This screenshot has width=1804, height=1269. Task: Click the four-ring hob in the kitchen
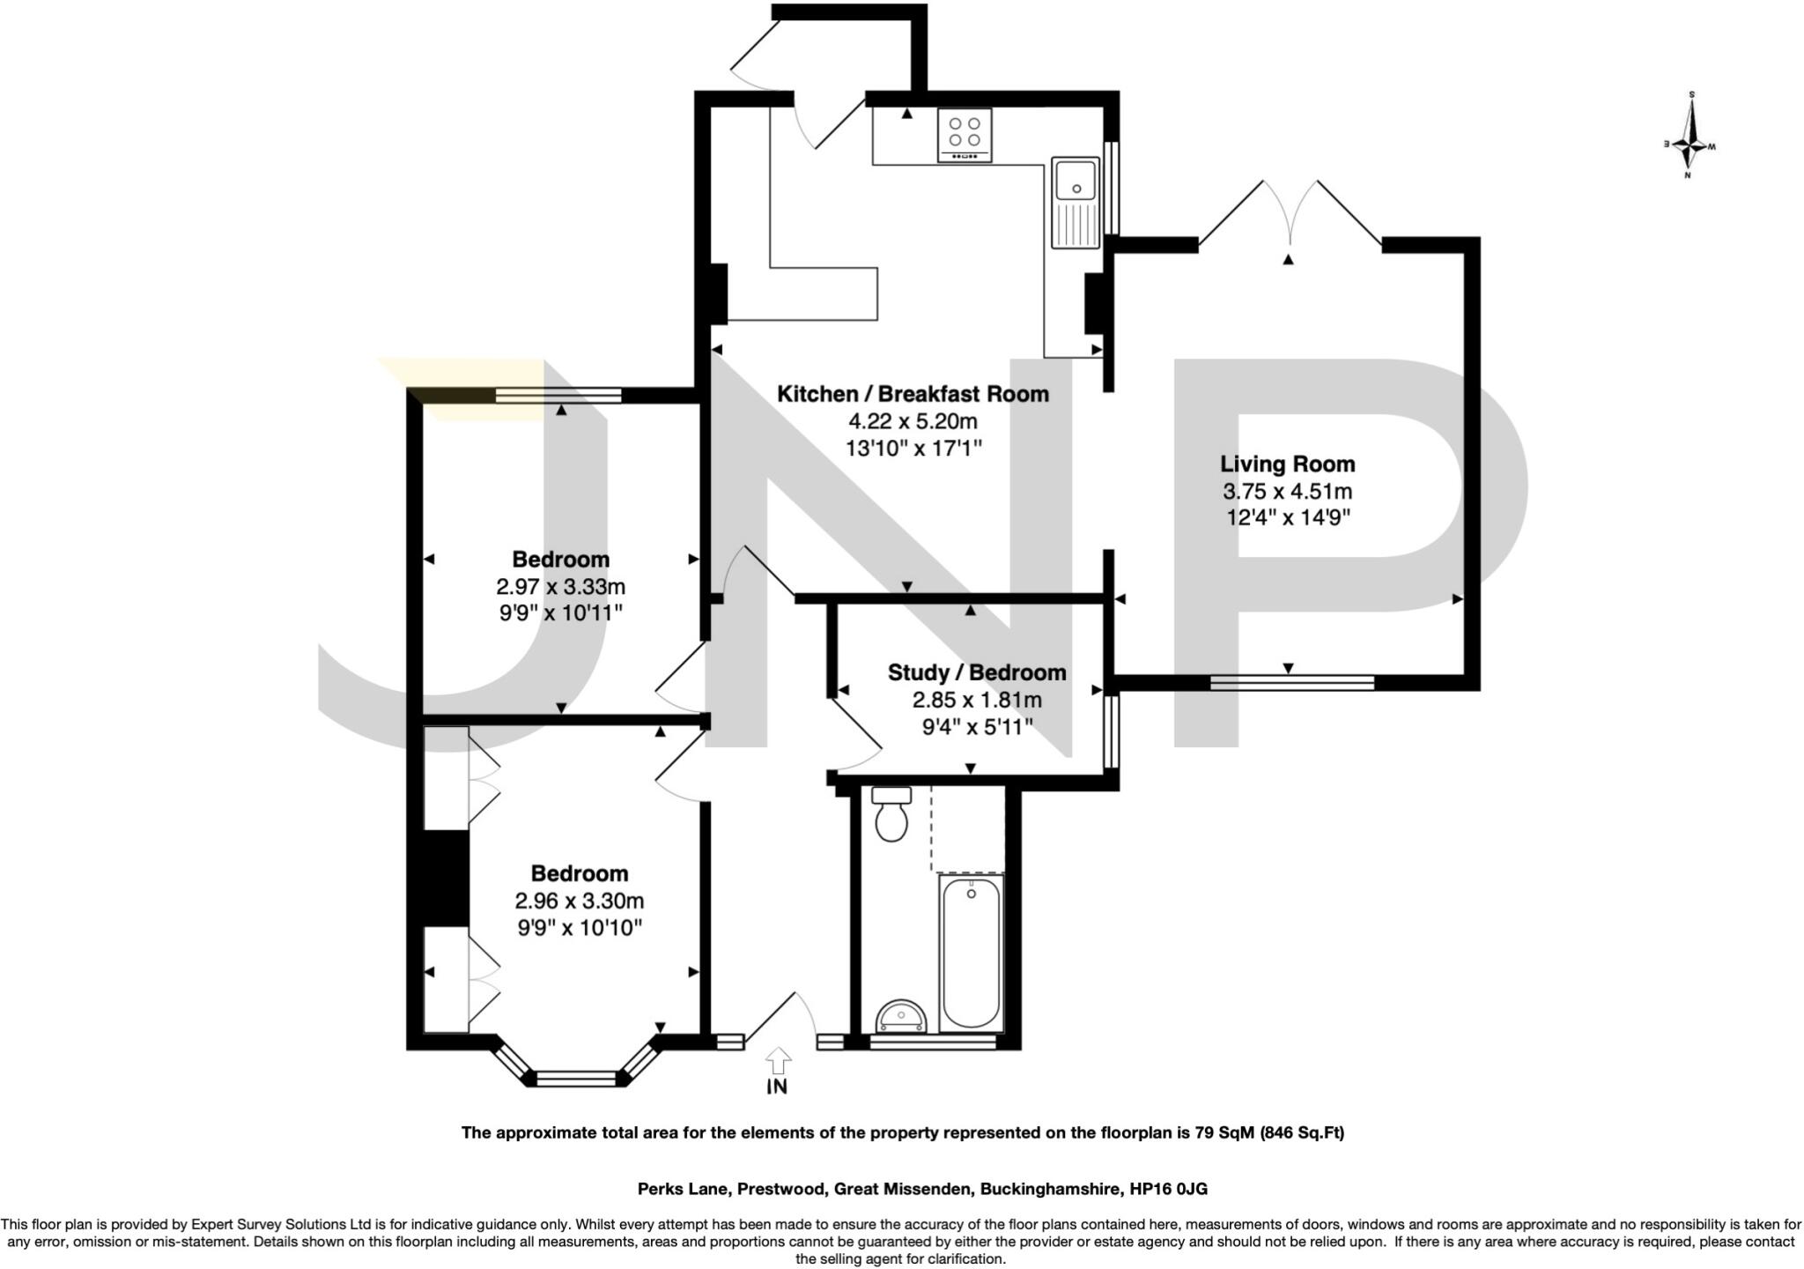click(965, 135)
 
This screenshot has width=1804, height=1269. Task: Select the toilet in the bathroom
click(891, 815)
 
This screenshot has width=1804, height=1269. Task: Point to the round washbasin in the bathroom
click(901, 1018)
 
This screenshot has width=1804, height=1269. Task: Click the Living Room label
click(1287, 464)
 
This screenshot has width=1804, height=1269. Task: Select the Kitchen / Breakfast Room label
click(913, 394)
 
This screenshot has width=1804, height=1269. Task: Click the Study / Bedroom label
click(977, 673)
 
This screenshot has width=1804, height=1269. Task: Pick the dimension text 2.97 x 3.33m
click(561, 587)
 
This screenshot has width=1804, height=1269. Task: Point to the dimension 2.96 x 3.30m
click(580, 902)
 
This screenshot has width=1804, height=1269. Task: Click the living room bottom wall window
click(1291, 682)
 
